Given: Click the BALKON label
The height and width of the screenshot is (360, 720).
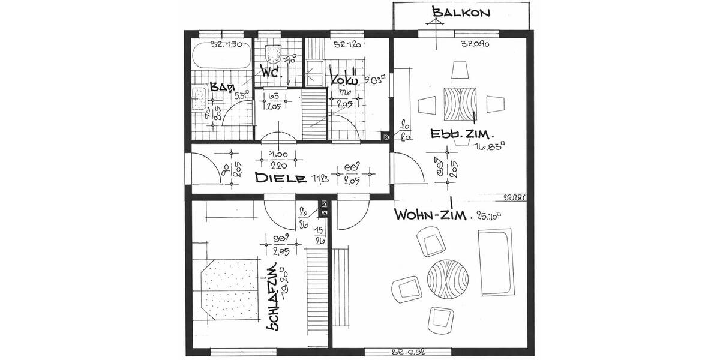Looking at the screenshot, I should point(462,12).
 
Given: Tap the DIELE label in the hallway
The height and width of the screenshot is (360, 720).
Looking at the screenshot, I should point(281,178).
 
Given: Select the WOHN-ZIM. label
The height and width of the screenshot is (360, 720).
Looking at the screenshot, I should point(431,215).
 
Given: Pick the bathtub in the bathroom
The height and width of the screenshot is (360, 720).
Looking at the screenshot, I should point(221,58).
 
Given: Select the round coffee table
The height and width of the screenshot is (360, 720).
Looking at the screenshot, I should point(449,278).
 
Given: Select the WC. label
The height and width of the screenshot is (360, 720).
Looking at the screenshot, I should point(272,72).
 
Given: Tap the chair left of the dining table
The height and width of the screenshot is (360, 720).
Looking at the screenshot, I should point(427,104).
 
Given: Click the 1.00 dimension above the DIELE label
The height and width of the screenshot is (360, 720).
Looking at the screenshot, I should point(278,154).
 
